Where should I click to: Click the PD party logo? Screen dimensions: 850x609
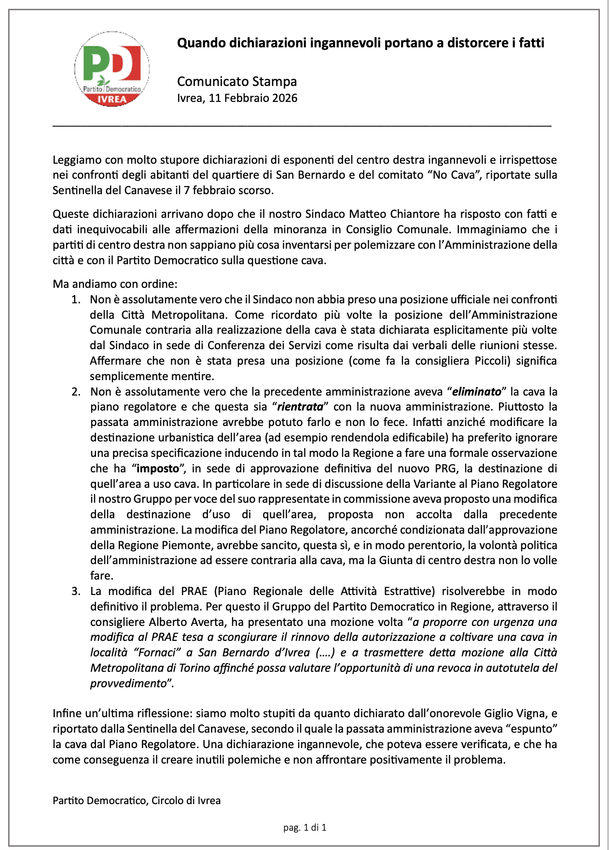click(112, 69)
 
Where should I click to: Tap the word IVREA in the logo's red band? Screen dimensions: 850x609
click(112, 99)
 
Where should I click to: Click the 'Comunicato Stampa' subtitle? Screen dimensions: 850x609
click(236, 81)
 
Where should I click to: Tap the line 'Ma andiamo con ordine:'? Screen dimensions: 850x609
click(115, 283)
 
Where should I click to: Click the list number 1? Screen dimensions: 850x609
click(75, 299)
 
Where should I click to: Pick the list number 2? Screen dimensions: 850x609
click(75, 392)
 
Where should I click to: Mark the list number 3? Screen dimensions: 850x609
click(75, 591)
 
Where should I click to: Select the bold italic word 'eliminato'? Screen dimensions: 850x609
click(476, 392)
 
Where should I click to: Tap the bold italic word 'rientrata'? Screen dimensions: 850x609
click(300, 407)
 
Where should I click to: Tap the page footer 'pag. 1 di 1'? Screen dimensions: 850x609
click(304, 827)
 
